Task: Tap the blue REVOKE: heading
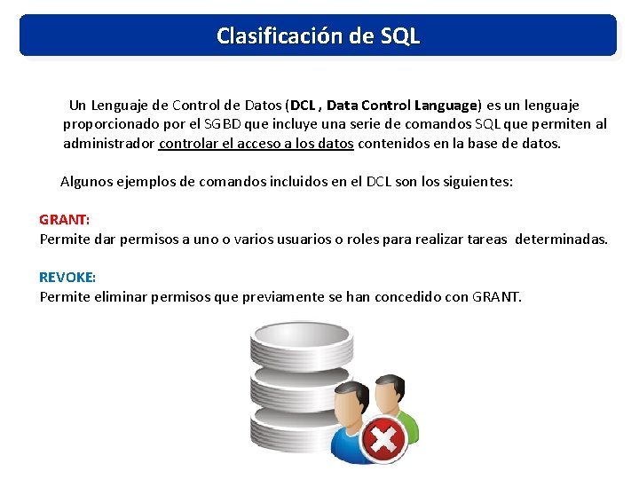67,277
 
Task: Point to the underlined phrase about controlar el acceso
256,143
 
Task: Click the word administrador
109,143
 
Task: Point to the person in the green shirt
397,399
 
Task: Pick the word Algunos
86,181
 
